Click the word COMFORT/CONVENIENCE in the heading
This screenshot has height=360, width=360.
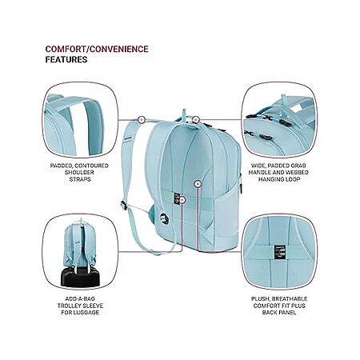[97, 49]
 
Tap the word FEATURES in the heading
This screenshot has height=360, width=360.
[66, 59]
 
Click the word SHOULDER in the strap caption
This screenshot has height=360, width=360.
[79, 172]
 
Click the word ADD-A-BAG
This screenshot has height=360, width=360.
[80, 299]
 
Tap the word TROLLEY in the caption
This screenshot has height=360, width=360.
[69, 306]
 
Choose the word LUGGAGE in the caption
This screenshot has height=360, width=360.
[86, 313]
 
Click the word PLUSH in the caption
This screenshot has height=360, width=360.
[260, 299]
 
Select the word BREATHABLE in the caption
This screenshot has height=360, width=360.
[290, 299]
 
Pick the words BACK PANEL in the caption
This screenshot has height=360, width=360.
[279, 313]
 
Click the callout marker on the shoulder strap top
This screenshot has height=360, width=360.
[142, 120]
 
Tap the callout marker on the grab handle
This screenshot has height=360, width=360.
[196, 120]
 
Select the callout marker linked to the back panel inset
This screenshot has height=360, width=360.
[198, 184]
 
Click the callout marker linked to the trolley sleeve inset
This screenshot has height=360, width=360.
[182, 200]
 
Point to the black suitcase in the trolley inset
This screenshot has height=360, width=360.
[80, 277]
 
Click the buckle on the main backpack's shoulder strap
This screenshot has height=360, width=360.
[123, 205]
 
